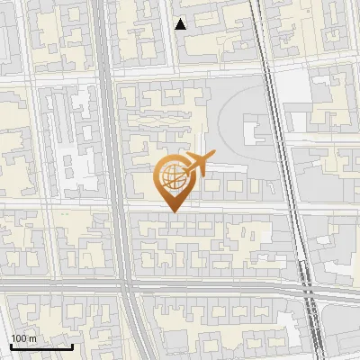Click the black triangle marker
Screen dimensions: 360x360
click(x=181, y=24)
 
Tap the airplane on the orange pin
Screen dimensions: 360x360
click(x=195, y=164)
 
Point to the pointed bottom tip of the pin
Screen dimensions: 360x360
click(x=171, y=212)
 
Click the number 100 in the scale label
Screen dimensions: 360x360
click(x=19, y=338)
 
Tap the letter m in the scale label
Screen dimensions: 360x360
click(x=32, y=338)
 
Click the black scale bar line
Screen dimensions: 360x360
click(x=40, y=346)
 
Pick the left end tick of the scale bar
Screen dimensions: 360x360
click(x=10, y=345)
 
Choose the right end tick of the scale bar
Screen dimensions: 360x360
click(x=72, y=345)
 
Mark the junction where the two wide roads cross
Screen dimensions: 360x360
click(x=126, y=287)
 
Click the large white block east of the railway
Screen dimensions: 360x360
click(x=297, y=86)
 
